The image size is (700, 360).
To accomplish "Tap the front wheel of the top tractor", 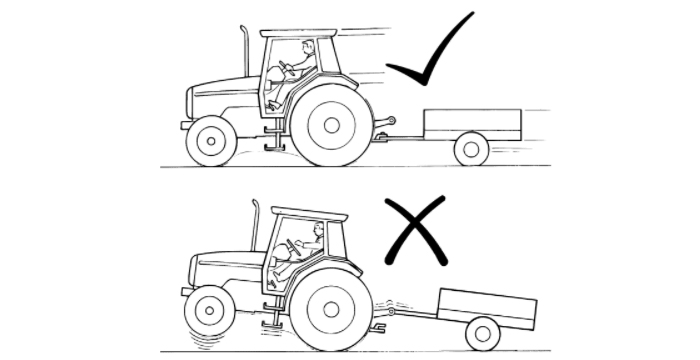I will (211, 141).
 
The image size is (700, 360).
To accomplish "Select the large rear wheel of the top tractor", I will (329, 124).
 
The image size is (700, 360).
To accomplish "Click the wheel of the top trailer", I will (471, 149).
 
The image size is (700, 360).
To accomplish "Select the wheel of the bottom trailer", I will (483, 332).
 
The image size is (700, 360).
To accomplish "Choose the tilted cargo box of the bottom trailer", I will (489, 304).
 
